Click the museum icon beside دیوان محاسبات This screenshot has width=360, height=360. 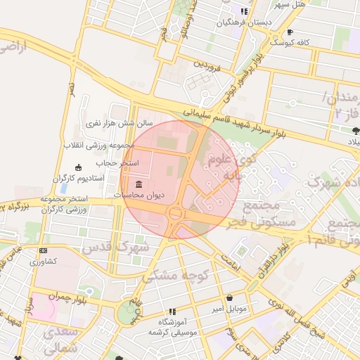coord(138,185)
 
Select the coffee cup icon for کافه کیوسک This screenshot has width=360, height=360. coord(290,32)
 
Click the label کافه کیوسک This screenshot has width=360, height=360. coord(314,42)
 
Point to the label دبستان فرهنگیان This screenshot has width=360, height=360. coord(244,22)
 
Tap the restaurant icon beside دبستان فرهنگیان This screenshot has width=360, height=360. coord(244,11)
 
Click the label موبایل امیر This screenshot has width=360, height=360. coord(229,309)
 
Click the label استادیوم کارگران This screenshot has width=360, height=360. coord(79,179)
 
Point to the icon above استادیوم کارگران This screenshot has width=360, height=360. coord(78,167)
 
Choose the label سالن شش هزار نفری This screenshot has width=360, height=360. coord(109,123)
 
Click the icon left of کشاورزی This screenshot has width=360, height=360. coord(43,251)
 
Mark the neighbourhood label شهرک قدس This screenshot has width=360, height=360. coord(115,248)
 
